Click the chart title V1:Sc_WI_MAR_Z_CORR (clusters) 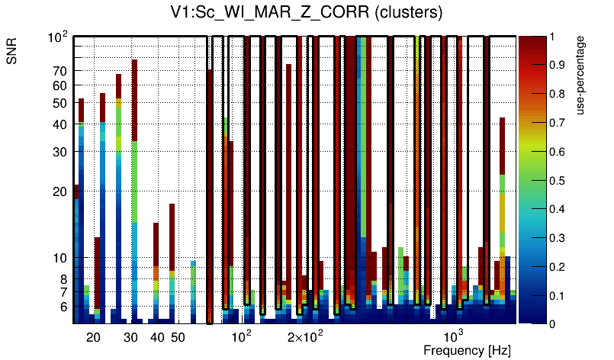307,14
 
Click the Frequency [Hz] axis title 467,350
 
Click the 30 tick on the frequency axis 130,337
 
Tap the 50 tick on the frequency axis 178,337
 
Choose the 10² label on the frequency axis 242,336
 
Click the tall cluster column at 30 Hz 134,191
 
